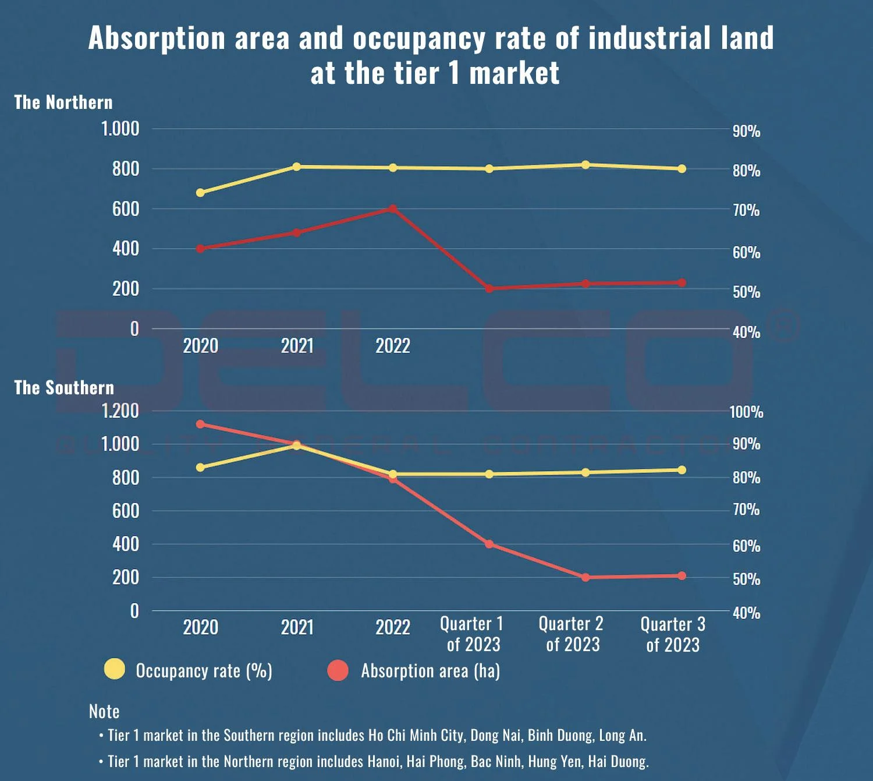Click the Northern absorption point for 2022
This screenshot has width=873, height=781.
pos(393,208)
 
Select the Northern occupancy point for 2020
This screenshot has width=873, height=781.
pos(200,192)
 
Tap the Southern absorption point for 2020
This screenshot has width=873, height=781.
pos(200,424)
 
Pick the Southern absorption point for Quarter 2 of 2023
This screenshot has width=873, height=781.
pos(585,577)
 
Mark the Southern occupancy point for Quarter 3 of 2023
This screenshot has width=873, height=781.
pos(682,469)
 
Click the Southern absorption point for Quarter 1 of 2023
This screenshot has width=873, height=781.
pos(489,544)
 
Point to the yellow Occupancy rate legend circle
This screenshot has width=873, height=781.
pos(114,669)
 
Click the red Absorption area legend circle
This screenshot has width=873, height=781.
pos(338,670)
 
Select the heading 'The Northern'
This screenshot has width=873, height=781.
pos(63,103)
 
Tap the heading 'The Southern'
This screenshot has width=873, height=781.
pos(64,388)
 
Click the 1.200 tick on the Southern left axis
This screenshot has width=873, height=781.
pos(120,411)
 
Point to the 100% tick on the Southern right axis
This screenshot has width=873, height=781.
pos(746,412)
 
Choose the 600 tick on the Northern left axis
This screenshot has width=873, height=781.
pos(126,208)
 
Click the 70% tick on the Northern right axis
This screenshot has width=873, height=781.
pos(746,210)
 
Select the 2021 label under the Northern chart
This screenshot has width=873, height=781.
pos(297,346)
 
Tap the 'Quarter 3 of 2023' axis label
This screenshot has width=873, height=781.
pos(673,634)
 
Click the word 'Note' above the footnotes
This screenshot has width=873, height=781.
pos(104,711)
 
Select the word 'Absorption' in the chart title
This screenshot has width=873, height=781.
pos(157,38)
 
